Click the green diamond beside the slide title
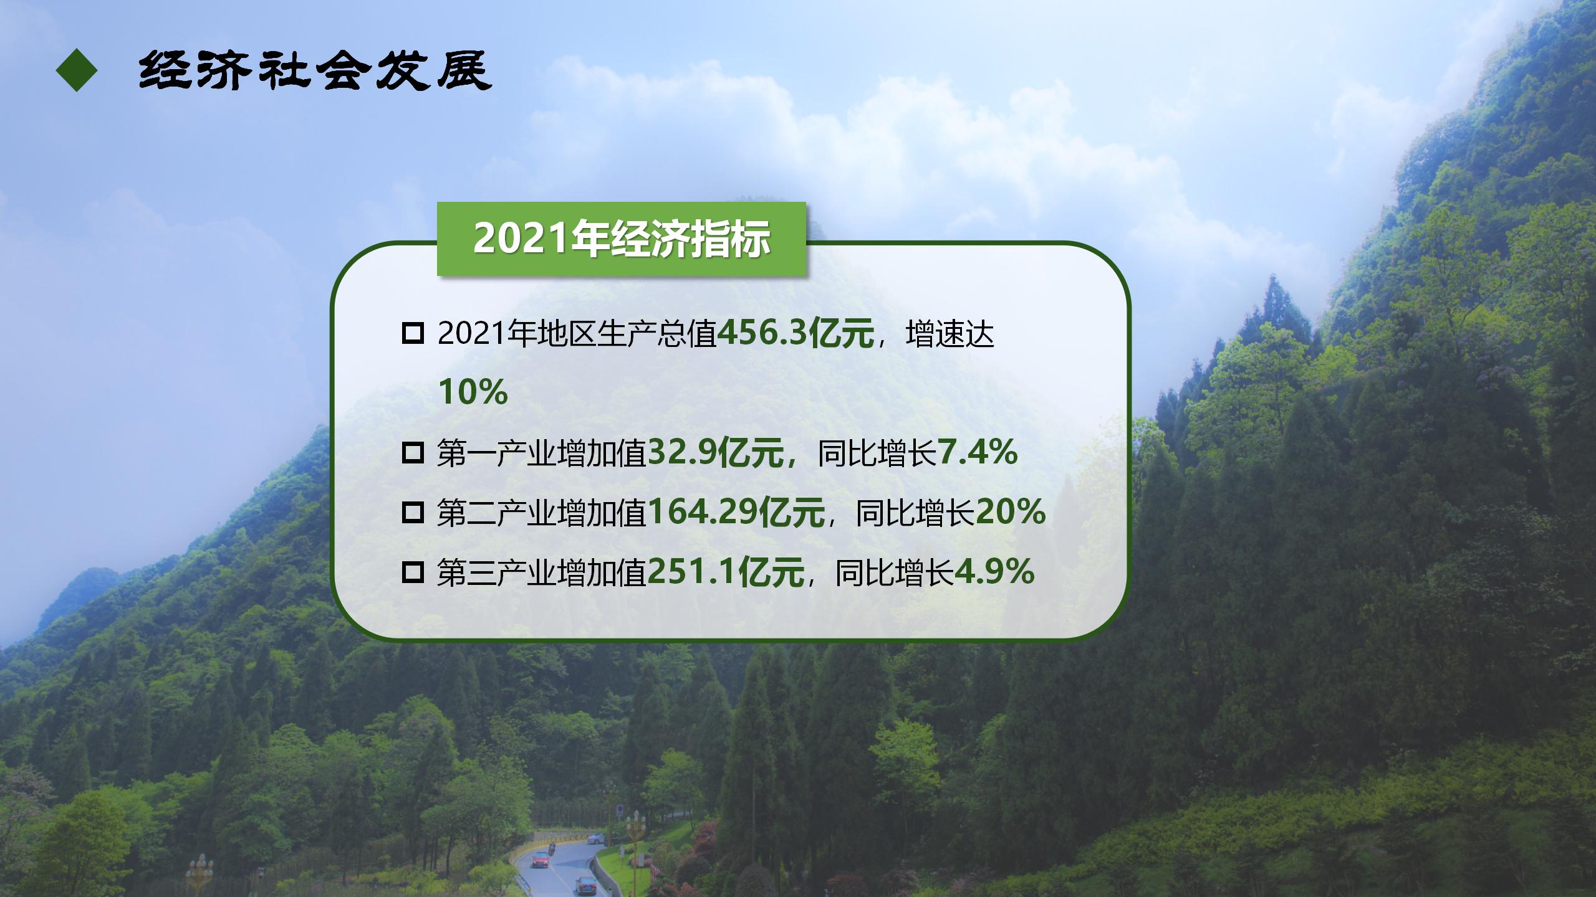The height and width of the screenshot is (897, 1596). [77, 70]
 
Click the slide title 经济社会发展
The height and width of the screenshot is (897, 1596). [315, 70]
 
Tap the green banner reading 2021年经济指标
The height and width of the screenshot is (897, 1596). [621, 239]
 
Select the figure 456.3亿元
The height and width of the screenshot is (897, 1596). [796, 334]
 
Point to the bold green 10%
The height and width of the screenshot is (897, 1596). [473, 392]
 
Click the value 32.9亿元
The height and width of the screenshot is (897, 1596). [716, 453]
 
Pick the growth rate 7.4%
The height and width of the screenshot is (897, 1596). [978, 452]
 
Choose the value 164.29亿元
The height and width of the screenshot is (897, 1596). [736, 513]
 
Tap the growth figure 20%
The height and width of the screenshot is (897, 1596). [1010, 512]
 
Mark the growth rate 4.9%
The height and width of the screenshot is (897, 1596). [994, 572]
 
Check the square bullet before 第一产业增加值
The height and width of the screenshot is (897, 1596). [413, 453]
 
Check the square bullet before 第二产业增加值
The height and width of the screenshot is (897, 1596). [413, 513]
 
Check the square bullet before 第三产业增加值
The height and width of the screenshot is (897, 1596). [413, 572]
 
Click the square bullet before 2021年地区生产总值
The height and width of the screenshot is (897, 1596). [413, 333]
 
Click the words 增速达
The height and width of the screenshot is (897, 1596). [949, 334]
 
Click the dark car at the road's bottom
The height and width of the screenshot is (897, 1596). [586, 885]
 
